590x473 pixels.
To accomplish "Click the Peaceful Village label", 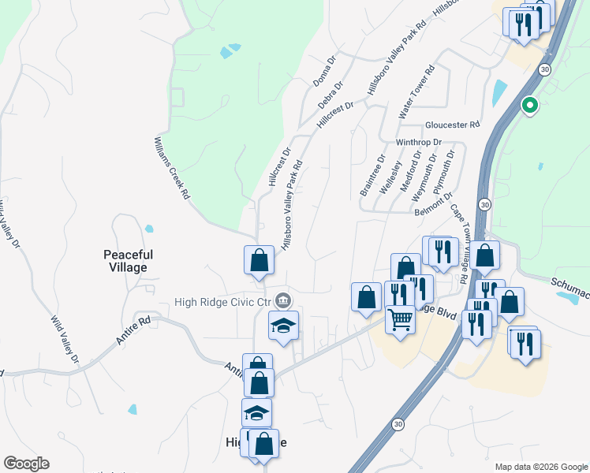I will tap(128, 261).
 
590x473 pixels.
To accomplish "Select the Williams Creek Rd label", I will tap(171, 166).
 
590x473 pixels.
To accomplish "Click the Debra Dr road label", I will tap(331, 95).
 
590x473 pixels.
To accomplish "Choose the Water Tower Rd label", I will tap(416, 92).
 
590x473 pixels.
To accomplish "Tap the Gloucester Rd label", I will tap(452, 125).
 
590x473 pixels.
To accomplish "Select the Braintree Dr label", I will tap(372, 176).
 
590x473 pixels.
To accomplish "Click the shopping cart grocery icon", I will tap(401, 320).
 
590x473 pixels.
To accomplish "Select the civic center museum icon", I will tap(284, 301).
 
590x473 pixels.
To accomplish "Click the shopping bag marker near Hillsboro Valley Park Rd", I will tap(259, 259).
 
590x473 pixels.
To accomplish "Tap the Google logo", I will tap(26, 464).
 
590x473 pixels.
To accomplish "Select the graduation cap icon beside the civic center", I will tap(283, 324).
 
